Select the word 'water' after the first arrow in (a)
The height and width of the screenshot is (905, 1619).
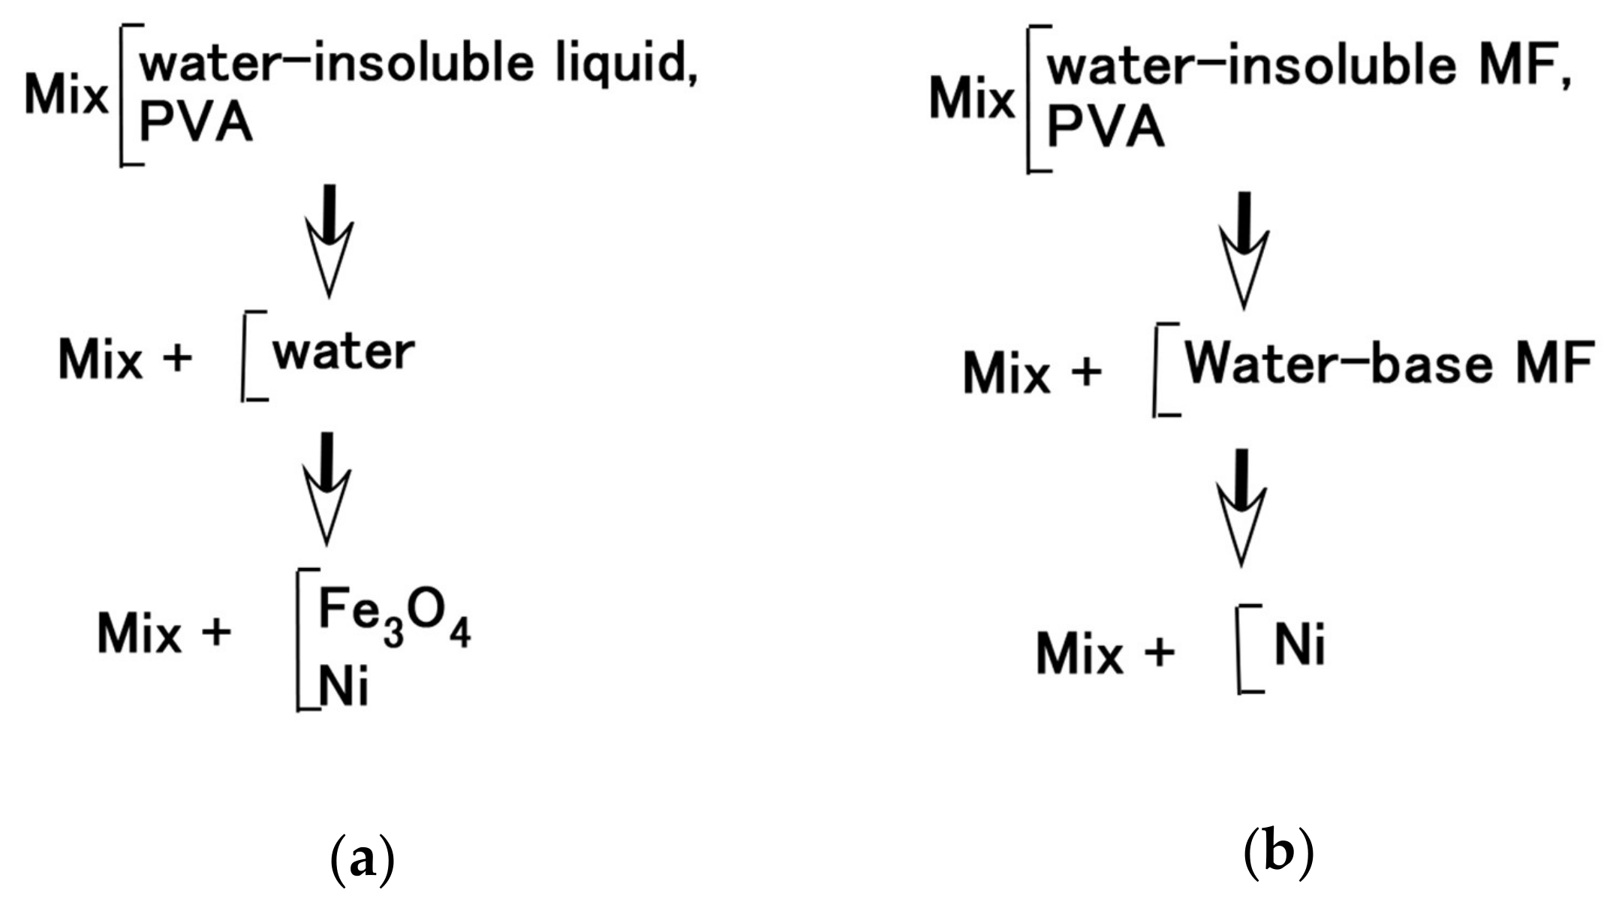pyautogui.click(x=344, y=352)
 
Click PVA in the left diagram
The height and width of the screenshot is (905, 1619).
pyautogui.click(x=196, y=124)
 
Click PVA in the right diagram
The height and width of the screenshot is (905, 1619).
pyautogui.click(x=1105, y=129)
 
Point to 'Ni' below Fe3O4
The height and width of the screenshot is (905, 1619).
pyautogui.click(x=344, y=687)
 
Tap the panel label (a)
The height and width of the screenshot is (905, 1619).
pyautogui.click(x=362, y=860)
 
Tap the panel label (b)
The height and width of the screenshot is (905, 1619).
pyautogui.click(x=1279, y=854)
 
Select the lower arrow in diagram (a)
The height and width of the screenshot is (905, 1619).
pyautogui.click(x=327, y=488)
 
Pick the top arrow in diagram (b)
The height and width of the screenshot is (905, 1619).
pyautogui.click(x=1244, y=249)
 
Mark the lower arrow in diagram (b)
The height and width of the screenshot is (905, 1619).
pyautogui.click(x=1241, y=507)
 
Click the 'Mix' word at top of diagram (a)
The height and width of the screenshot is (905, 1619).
pyautogui.click(x=66, y=96)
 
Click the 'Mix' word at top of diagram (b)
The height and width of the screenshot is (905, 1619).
pyautogui.click(x=972, y=99)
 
